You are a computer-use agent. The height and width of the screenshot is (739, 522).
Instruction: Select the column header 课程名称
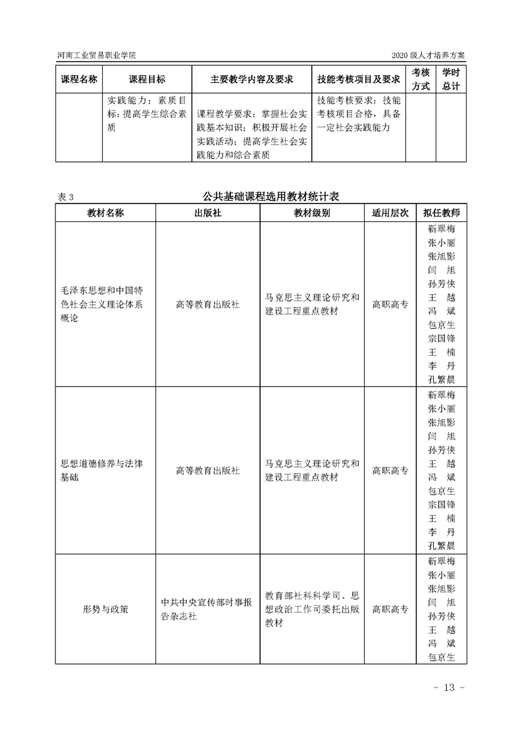(79, 79)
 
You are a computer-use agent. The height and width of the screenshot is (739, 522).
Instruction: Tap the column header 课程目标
(147, 79)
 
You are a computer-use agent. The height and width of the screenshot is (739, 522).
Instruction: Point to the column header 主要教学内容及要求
(251, 79)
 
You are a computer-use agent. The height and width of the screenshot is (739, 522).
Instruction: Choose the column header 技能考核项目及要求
(359, 79)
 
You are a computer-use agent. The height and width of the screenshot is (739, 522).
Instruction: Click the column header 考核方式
(421, 79)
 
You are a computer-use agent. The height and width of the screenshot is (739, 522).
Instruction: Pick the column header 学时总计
(451, 79)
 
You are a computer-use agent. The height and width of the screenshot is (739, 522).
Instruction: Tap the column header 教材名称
(105, 213)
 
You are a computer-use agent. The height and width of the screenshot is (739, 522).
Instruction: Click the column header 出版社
(207, 213)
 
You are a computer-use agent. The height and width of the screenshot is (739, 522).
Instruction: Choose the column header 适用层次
(390, 213)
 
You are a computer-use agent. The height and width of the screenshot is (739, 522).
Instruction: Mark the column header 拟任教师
(441, 213)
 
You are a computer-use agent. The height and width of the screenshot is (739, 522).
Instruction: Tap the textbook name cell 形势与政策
(105, 609)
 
